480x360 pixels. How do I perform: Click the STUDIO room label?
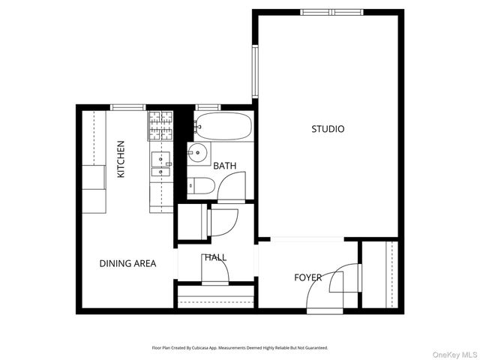point(328,129)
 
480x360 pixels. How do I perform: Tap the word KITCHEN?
point(121,159)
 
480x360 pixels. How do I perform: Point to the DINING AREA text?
point(128,263)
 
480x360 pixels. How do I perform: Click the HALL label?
point(215,257)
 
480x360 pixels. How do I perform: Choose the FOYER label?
point(307,277)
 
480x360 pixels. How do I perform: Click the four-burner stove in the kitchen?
point(159,127)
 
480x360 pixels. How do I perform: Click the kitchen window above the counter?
point(129,107)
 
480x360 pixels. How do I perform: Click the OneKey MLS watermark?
point(452,354)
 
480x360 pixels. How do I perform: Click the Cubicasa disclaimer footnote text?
point(239,348)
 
